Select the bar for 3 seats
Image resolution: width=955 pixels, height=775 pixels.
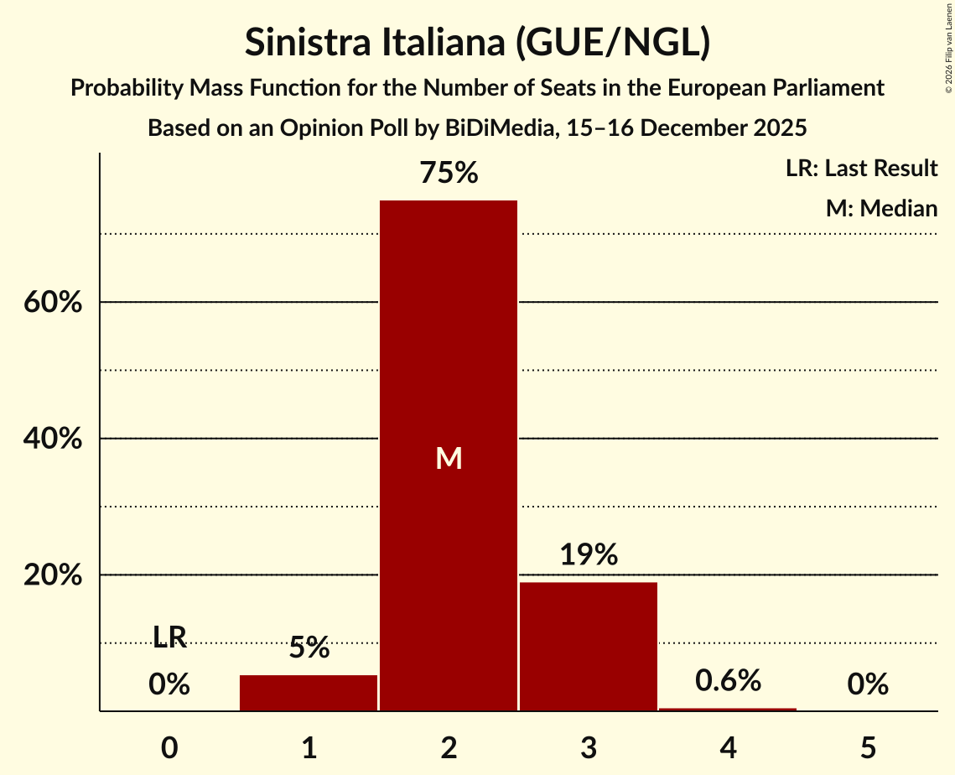click(588, 646)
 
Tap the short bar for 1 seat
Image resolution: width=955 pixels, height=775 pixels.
click(309, 693)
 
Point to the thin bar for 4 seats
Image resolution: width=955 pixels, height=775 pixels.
click(728, 710)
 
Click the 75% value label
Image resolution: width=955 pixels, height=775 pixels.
click(449, 174)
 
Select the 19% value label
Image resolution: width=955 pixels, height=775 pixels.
click(588, 555)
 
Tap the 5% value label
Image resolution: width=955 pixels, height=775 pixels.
click(309, 648)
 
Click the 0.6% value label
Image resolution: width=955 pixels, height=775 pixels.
click(728, 680)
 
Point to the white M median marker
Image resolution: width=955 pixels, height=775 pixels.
click(449, 458)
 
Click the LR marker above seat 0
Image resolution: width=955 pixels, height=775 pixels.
click(169, 637)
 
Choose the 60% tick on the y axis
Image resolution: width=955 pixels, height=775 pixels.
click(53, 302)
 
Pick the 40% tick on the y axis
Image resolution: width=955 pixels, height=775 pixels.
click(53, 439)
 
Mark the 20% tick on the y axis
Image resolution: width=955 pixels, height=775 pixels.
click(53, 575)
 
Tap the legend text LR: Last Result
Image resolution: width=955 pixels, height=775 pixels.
click(861, 169)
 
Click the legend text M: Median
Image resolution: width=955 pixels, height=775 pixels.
click(881, 208)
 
